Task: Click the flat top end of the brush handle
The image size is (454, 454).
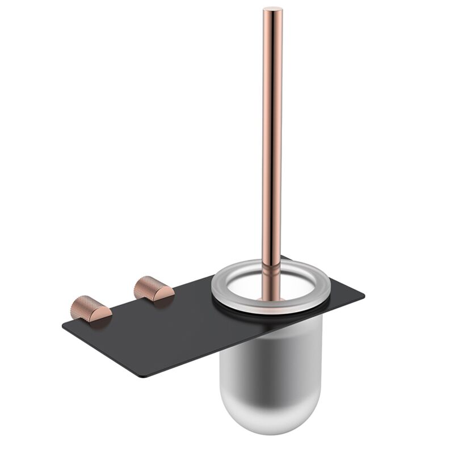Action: pyautogui.click(x=272, y=9)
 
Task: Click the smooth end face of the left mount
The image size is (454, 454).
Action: pyautogui.click(x=100, y=313)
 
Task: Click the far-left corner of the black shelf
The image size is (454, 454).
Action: pyautogui.click(x=64, y=324)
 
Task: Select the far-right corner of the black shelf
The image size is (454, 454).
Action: pyautogui.click(x=363, y=296)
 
